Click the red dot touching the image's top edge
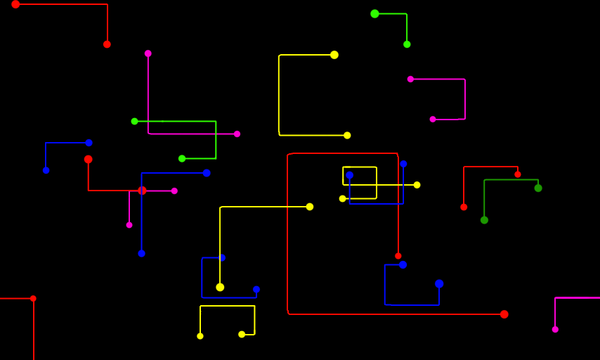click(15, 4)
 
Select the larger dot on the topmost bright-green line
click(374, 13)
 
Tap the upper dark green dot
click(538, 188)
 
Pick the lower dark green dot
click(484, 220)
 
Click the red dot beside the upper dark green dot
click(518, 174)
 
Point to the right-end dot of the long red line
click(504, 314)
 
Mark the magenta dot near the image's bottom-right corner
click(555, 329)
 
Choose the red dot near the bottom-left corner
click(33, 298)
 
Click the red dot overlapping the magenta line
click(142, 191)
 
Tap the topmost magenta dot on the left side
click(148, 53)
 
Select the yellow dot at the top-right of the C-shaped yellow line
click(334, 55)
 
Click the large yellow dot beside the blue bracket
click(220, 287)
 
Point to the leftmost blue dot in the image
click(46, 170)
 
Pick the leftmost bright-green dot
click(134, 121)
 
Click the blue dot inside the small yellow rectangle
click(349, 175)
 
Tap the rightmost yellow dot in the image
click(417, 185)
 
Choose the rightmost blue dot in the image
click(439, 283)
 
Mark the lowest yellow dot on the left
click(200, 336)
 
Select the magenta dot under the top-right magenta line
click(433, 120)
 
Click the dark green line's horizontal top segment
click(511, 180)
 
